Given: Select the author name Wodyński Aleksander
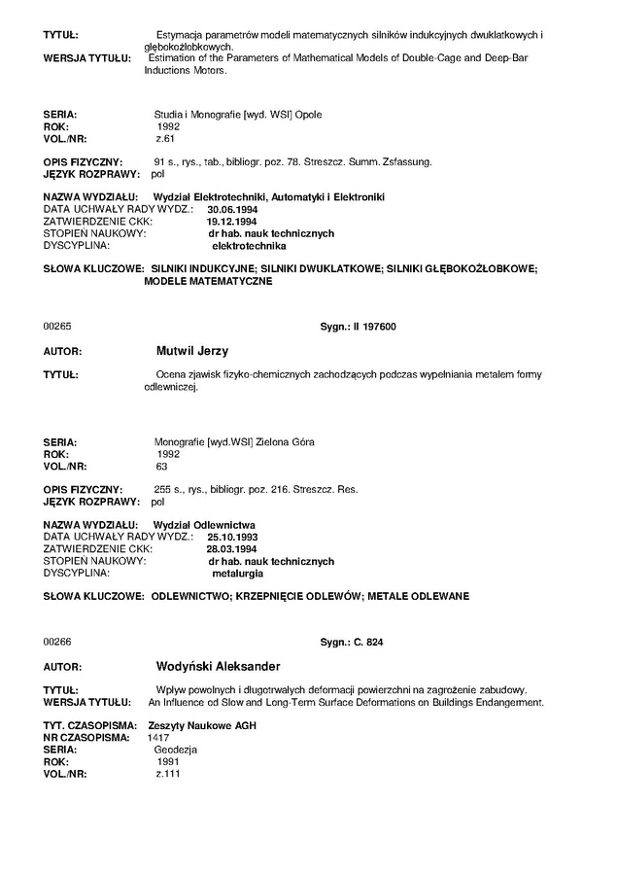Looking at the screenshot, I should point(218,666).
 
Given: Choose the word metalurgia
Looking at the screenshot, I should point(237,574).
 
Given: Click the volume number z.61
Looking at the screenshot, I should point(164,139).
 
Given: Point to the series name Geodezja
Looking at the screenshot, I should point(176,751).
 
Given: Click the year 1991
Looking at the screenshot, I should point(168,762).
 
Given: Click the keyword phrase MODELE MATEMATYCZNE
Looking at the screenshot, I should point(209,281).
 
